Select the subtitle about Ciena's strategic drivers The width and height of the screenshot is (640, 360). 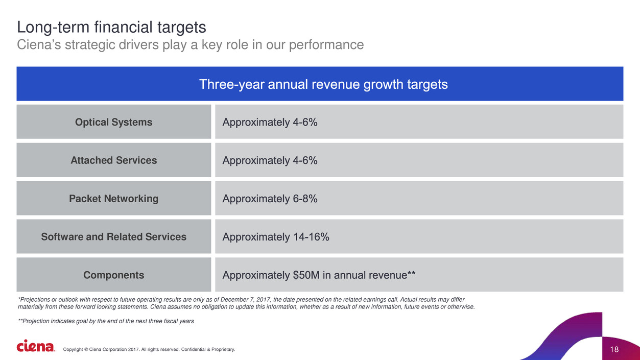(190, 45)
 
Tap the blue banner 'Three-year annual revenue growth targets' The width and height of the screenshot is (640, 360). (323, 84)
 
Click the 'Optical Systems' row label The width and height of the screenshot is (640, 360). (113, 122)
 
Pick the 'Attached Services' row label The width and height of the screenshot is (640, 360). (113, 160)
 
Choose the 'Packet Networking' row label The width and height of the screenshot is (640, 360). (113, 199)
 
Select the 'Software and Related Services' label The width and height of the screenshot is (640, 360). (113, 237)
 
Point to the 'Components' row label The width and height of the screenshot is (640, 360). (113, 275)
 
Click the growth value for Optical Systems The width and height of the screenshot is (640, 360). (270, 122)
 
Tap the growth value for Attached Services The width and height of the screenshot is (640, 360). (270, 160)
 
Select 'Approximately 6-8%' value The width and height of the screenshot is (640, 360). (270, 199)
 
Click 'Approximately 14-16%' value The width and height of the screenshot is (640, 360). (276, 237)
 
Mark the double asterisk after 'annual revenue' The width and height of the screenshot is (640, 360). (411, 274)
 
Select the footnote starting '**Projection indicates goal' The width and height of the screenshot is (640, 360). (106, 321)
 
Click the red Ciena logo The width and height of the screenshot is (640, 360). (35, 346)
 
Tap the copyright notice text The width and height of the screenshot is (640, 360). (149, 349)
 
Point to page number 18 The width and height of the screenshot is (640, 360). (614, 349)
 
